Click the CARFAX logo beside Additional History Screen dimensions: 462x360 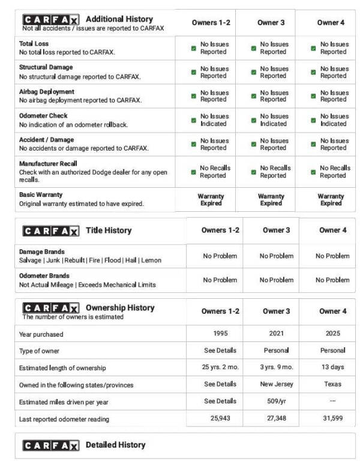(x=50, y=20)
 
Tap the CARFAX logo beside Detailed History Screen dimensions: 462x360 (x=50, y=445)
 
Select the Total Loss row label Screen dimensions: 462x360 (x=34, y=44)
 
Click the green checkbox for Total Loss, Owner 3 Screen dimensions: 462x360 (x=254, y=48)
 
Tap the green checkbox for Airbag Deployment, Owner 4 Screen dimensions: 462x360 (x=313, y=96)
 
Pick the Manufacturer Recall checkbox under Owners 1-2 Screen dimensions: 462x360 (x=193, y=172)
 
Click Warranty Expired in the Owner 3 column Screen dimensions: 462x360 (x=271, y=200)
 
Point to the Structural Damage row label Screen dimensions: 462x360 (x=46, y=68)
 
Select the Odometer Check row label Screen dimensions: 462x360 (x=43, y=116)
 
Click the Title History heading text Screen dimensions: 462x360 (x=109, y=230)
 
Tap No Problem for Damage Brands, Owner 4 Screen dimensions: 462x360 (x=332, y=256)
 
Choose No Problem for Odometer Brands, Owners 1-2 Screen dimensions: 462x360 (x=220, y=280)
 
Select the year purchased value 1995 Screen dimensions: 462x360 (x=220, y=334)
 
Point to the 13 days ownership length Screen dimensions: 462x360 (x=332, y=367)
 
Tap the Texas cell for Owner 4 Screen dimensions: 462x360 (x=332, y=384)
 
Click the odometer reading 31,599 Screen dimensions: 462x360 (x=332, y=418)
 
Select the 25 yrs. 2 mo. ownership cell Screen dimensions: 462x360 (x=220, y=367)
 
